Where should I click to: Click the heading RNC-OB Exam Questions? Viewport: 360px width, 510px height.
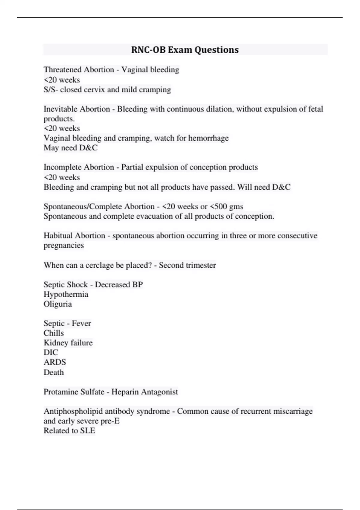pos(185,49)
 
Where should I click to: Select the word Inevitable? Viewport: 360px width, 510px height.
pos(61,109)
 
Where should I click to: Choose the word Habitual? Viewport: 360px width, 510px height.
pos(58,235)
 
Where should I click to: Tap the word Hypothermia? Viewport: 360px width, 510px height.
pos(66,294)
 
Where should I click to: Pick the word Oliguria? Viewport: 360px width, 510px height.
pos(58,304)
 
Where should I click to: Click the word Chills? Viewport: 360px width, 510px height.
pos(54,333)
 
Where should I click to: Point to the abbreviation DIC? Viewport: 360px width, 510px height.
pos(51,352)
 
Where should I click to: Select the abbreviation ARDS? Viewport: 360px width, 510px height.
pos(55,362)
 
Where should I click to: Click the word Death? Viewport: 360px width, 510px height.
pos(54,372)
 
